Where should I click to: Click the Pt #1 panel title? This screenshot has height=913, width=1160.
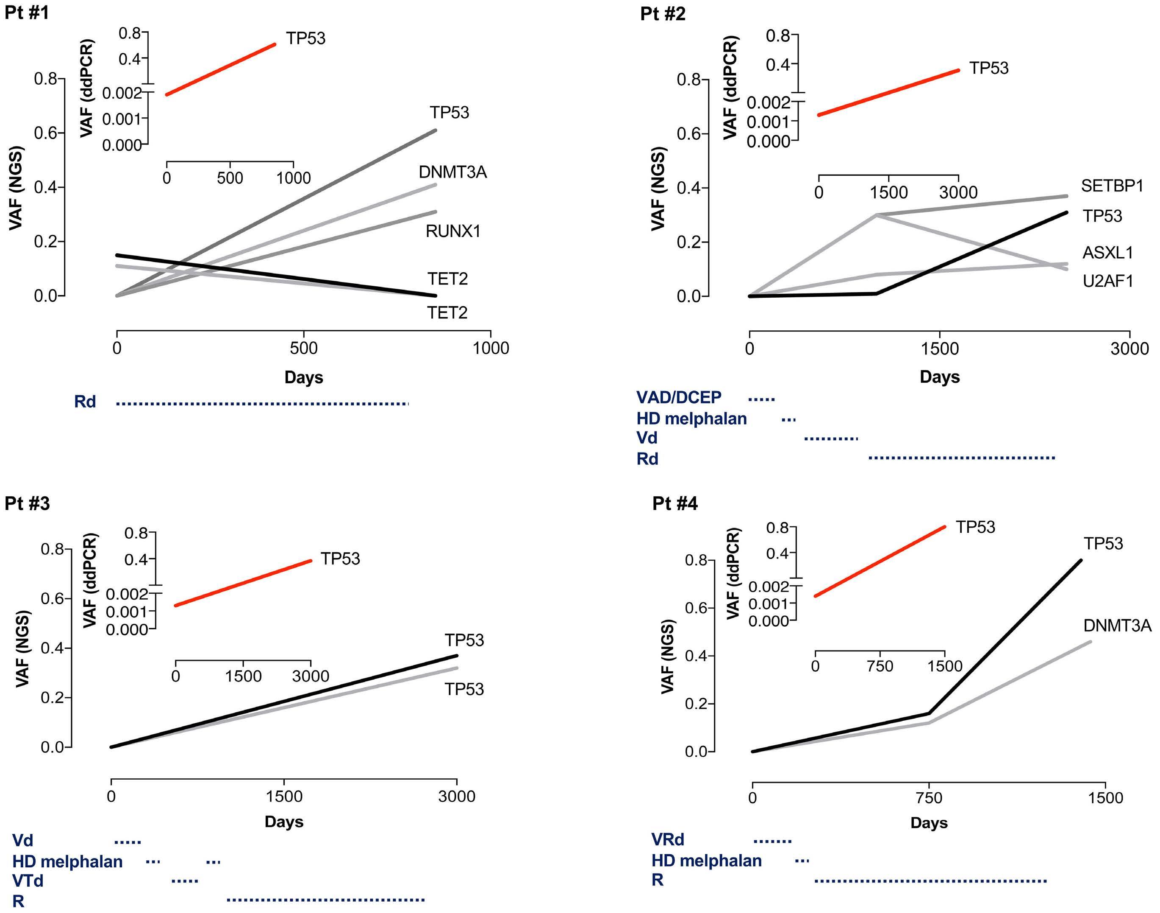27,12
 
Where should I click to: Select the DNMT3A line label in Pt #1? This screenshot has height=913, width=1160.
452,172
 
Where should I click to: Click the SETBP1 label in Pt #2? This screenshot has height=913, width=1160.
1112,186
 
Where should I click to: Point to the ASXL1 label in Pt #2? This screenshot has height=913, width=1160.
1107,252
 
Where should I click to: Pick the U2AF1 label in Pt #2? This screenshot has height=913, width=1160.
1107,281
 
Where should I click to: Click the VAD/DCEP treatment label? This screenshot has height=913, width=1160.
679,397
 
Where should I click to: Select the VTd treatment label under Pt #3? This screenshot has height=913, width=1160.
28,880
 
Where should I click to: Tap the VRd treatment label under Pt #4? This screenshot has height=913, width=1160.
667,839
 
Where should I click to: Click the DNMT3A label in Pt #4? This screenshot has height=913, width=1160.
1117,625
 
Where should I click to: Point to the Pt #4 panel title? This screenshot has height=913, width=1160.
675,504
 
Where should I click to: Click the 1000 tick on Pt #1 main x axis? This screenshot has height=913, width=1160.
491,348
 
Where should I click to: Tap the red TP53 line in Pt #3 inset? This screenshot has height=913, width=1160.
243,583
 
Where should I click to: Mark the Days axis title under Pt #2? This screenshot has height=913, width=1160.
940,377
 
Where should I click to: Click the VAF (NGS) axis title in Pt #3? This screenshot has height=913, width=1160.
22,648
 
